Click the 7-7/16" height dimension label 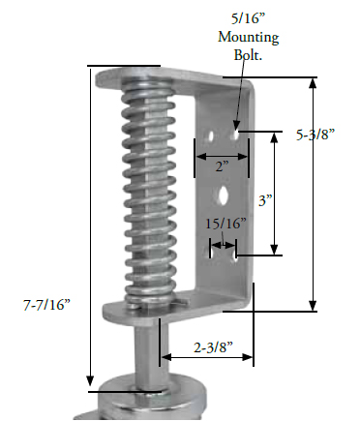tap(44, 305)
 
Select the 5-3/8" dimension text tap(315, 136)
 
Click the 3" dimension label tap(266, 200)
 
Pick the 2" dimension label tap(222, 165)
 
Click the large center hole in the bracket tap(224, 195)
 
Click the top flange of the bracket tap(174, 75)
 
